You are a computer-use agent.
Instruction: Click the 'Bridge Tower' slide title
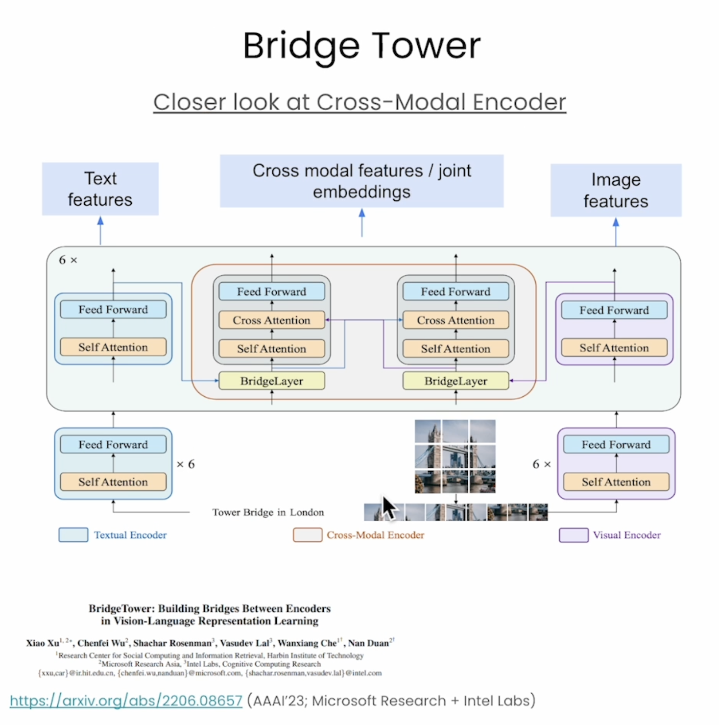click(361, 46)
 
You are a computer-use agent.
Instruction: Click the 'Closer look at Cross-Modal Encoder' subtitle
click(359, 102)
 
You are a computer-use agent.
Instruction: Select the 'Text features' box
click(100, 189)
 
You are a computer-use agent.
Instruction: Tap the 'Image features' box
click(616, 191)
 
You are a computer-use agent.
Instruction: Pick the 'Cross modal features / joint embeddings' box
click(361, 181)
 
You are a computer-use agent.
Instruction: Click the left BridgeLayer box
click(271, 381)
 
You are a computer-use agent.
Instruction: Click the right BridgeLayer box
click(455, 381)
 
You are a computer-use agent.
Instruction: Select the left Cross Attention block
click(271, 320)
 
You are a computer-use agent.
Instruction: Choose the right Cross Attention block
click(455, 320)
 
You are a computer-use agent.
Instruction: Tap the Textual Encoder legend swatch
click(73, 535)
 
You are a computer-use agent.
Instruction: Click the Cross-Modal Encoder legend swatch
click(308, 535)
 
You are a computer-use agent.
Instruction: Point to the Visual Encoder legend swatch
click(574, 535)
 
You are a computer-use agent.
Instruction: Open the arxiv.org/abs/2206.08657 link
click(126, 701)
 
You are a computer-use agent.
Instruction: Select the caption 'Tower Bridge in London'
click(268, 512)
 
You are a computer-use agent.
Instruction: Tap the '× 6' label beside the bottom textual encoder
click(186, 464)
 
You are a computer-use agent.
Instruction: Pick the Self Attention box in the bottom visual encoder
click(616, 482)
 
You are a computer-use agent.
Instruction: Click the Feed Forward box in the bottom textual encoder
click(113, 445)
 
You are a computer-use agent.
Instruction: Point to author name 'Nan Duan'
click(368, 643)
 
